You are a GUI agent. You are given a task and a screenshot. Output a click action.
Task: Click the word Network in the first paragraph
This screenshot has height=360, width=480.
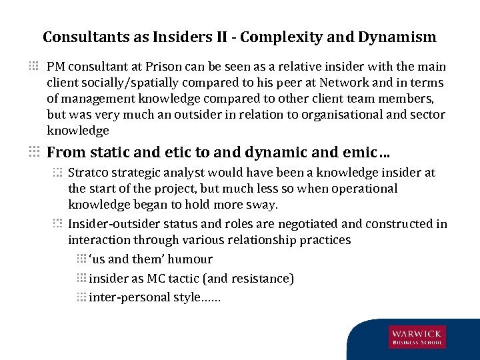tap(343, 83)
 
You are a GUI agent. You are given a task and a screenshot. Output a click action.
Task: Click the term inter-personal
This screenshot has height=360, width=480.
tap(129, 297)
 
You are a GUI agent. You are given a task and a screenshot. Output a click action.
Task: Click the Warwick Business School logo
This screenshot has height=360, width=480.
tap(418, 337)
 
